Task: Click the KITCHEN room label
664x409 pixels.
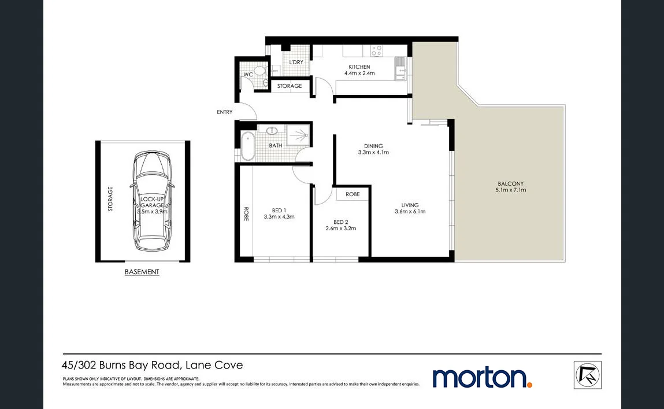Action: point(359,67)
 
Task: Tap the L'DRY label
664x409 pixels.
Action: point(296,62)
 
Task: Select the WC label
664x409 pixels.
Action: point(248,75)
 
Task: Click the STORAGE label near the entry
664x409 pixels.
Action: point(290,86)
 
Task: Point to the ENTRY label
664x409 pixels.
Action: point(224,112)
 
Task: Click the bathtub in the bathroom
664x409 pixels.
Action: point(247,146)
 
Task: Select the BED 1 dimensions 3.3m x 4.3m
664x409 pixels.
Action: point(279,217)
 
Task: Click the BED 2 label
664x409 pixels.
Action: point(341,222)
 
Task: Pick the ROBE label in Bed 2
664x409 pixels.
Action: point(353,194)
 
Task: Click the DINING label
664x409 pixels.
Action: point(373,146)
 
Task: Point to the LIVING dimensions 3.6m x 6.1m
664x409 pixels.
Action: point(410,212)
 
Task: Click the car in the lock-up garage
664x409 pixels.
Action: point(151,200)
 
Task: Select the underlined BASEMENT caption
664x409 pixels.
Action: point(142,272)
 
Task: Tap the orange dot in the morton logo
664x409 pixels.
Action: point(529,384)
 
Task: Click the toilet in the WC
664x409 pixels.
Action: point(260,72)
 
